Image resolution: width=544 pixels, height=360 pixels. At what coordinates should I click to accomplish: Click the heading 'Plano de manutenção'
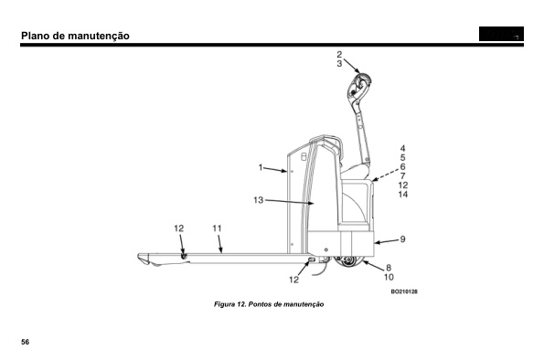coord(75,36)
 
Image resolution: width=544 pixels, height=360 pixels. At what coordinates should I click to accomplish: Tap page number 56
coord(25,342)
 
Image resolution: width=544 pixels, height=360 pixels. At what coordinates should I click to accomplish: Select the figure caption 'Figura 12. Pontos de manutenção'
coord(269,304)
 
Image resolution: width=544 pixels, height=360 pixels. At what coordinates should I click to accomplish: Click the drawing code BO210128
coord(404,291)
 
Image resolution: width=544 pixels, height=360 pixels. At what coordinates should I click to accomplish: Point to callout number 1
coord(261,167)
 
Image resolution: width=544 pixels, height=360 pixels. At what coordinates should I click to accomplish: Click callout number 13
coord(259,200)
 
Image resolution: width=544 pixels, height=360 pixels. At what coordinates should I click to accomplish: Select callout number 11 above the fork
coord(217,228)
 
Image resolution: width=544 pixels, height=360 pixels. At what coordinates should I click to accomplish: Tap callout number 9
coord(402,239)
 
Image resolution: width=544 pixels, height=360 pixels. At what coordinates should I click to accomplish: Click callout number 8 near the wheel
coord(389,268)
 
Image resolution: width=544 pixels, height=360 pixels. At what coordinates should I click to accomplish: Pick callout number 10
coord(389,277)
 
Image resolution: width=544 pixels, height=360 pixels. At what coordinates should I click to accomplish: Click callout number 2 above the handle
coord(339,55)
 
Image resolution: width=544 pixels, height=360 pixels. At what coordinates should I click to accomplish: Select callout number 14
coord(403,195)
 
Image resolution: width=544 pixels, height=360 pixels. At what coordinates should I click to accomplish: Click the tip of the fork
coord(140,257)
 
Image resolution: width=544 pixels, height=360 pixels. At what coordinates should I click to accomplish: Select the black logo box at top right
coord(501,34)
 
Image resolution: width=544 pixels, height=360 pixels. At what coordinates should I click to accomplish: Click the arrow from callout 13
coord(290,202)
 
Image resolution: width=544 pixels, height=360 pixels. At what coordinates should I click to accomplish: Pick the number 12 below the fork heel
coord(293,280)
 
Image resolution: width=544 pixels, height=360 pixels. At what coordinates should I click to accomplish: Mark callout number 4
coord(402,148)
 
